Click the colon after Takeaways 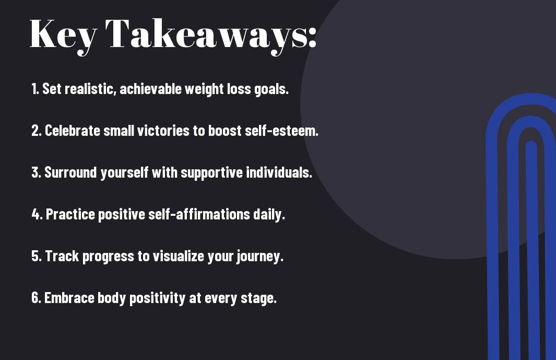tap(312, 37)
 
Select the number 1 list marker tap(35, 89)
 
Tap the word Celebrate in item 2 tap(73, 130)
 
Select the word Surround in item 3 tap(70, 172)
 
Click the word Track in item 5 tap(62, 256)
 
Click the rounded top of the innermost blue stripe tap(531, 144)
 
